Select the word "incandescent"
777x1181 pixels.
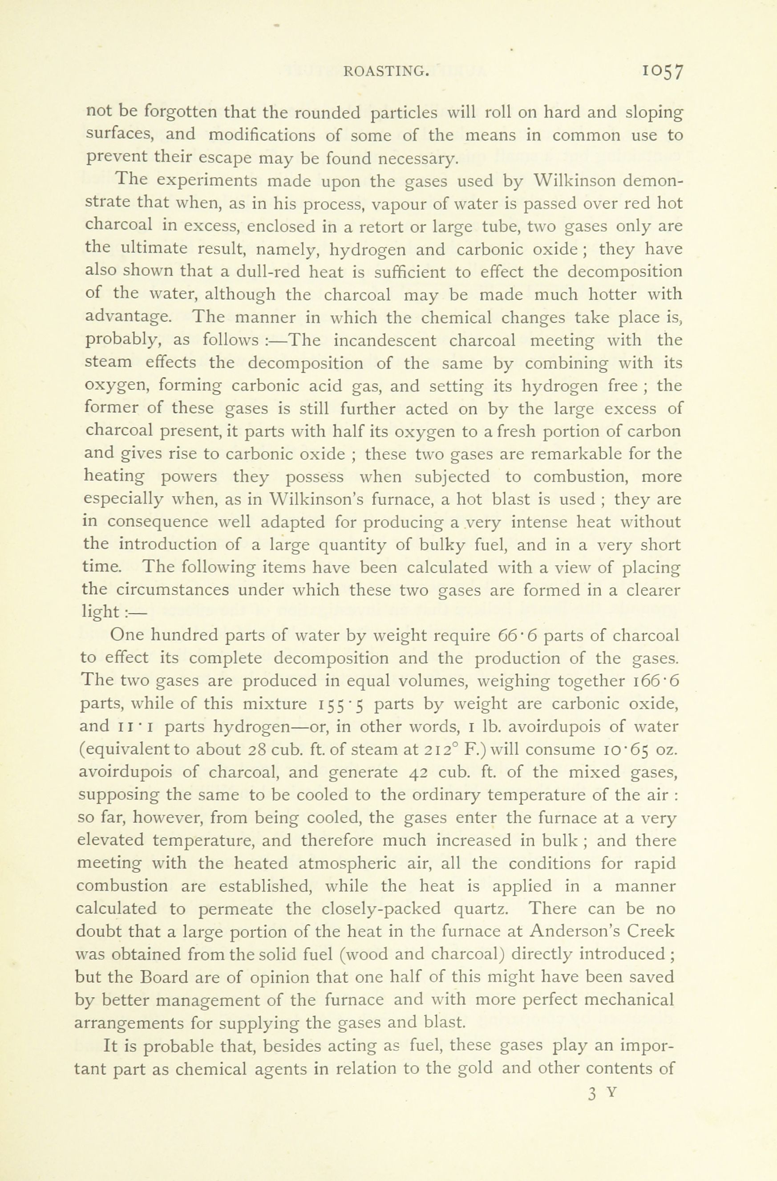[384, 341]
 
